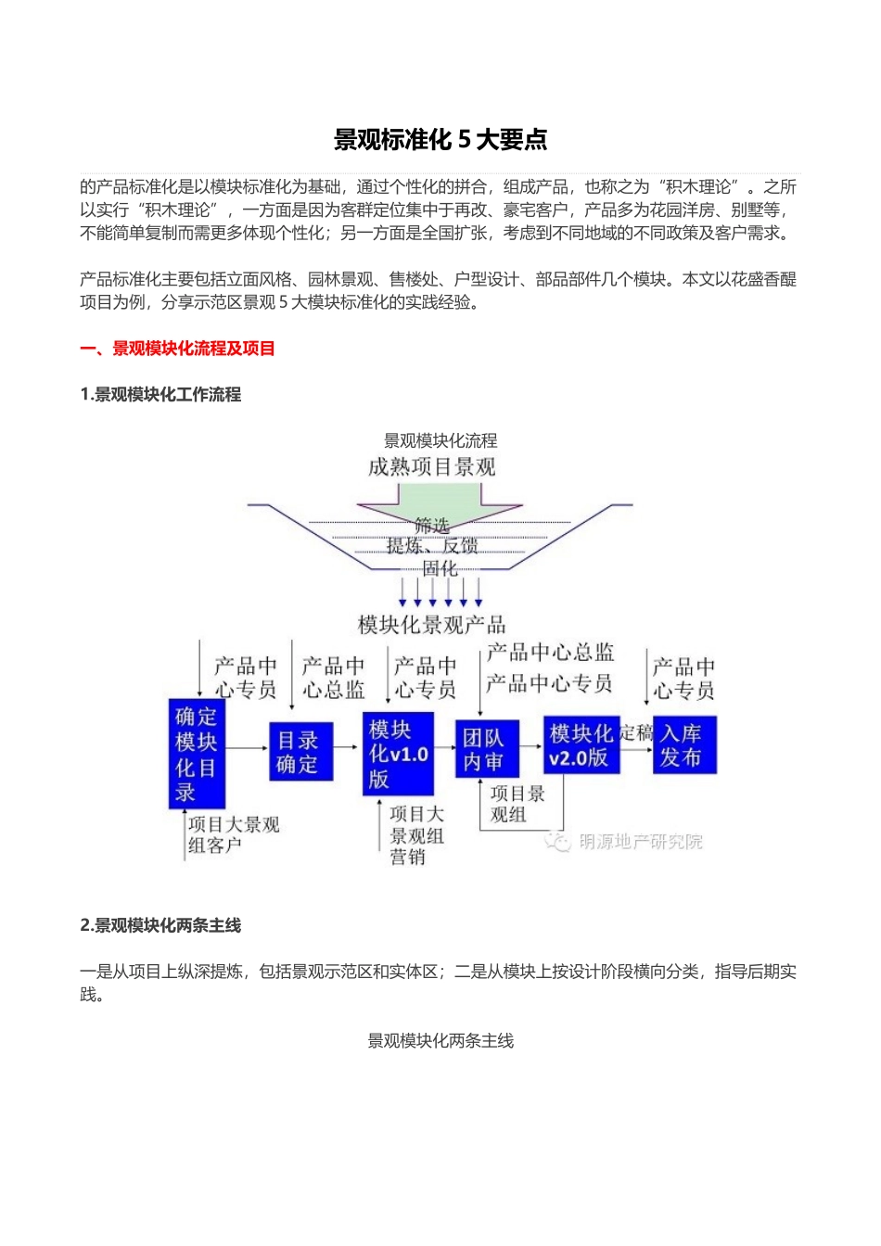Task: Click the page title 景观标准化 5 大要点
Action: (440, 140)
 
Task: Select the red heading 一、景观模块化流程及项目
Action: (177, 349)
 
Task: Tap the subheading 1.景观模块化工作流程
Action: (160, 395)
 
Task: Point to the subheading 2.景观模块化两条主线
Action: (160, 925)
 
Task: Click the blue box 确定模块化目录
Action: (197, 754)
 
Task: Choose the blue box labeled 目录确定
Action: (300, 752)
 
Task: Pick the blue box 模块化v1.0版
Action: (398, 754)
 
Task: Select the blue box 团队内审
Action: (484, 749)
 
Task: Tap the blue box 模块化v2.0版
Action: (581, 746)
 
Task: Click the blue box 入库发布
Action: (683, 745)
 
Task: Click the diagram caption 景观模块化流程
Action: (440, 440)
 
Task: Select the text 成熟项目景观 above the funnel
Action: (432, 466)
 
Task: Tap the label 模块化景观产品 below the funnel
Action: (432, 625)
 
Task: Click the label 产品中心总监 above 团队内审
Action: (551, 653)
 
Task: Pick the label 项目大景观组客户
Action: (233, 834)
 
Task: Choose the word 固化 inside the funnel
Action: (440, 568)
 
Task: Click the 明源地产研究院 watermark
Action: (640, 842)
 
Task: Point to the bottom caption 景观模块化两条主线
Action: (440, 1041)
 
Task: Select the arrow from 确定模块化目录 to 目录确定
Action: (247, 748)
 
